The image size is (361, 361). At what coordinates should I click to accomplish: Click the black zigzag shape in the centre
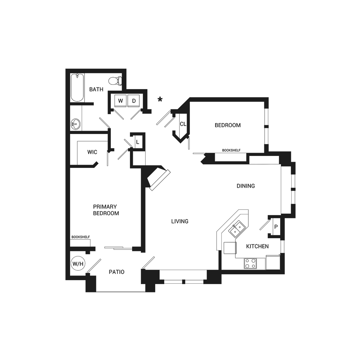[x=202, y=197]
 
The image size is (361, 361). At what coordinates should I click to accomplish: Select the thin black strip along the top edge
[x=108, y=69]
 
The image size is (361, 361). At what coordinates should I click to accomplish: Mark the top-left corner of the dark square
[x=66, y=69]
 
